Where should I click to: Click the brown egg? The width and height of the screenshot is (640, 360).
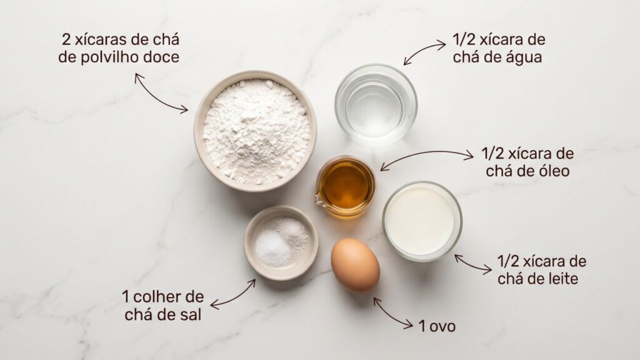tap(355, 265)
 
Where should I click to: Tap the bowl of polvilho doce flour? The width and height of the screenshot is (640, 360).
tap(256, 131)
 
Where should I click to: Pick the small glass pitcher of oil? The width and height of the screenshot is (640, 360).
tap(345, 186)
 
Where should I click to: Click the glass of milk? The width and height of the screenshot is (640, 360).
tap(422, 221)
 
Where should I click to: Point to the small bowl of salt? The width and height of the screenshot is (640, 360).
tap(281, 242)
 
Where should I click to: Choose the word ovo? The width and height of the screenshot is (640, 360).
tap(442, 326)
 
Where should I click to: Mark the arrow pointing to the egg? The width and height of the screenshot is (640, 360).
tap(392, 313)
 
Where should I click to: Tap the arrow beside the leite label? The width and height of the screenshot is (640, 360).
tap(472, 264)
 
